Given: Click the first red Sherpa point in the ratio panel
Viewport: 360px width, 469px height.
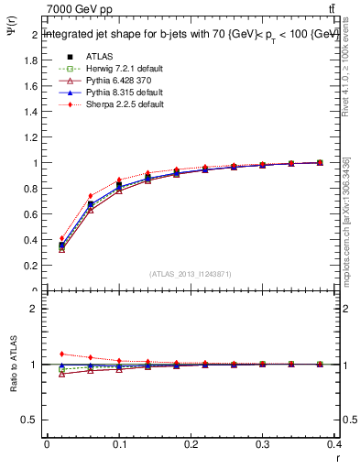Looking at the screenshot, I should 61,354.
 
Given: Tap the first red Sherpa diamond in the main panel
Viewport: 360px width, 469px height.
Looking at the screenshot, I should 61,238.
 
